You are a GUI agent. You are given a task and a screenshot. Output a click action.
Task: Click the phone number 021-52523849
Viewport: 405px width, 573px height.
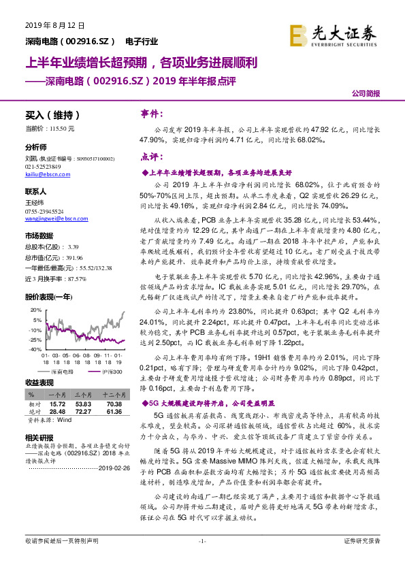(43, 167)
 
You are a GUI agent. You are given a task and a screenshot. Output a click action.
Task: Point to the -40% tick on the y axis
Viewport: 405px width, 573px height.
(35, 348)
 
